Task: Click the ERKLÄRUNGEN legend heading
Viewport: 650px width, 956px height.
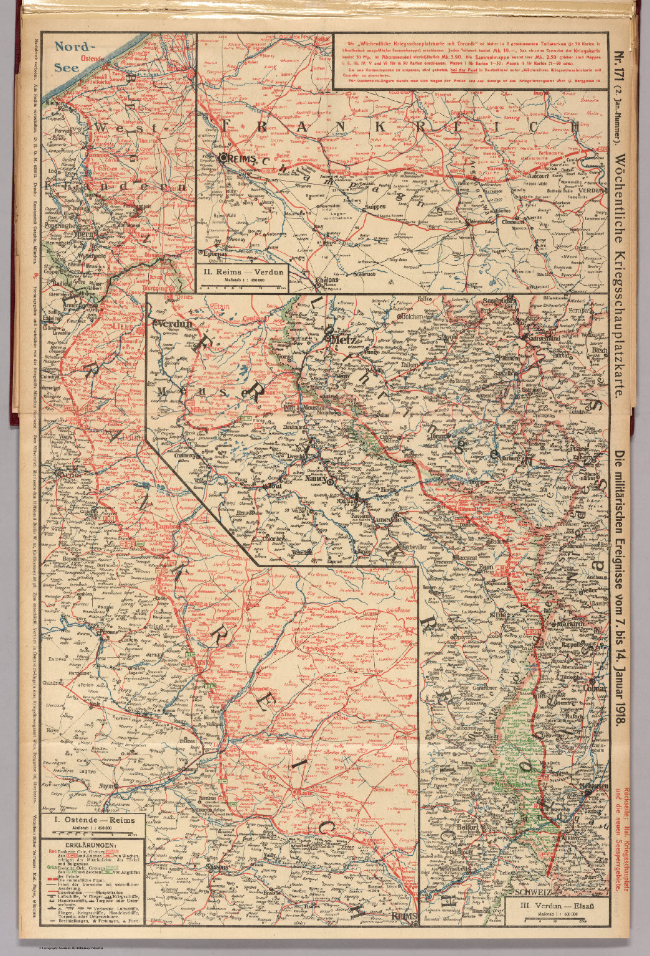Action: coord(92,845)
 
